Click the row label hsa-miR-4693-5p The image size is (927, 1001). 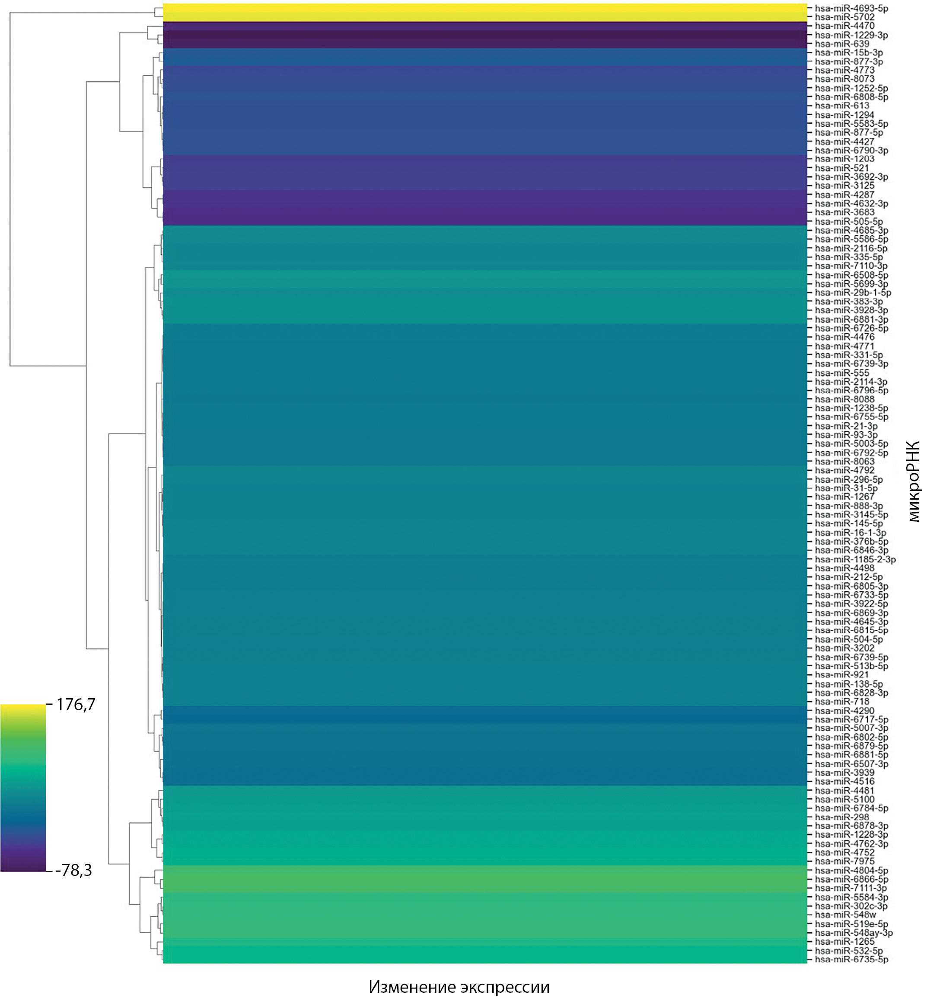(x=851, y=9)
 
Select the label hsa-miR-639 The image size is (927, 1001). (x=842, y=44)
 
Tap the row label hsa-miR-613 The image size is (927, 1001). (x=842, y=106)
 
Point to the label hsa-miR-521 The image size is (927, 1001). (x=842, y=168)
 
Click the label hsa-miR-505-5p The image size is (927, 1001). (x=849, y=221)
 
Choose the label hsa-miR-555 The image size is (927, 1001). (x=842, y=373)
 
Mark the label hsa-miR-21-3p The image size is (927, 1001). (x=846, y=426)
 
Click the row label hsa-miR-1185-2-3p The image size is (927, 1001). (x=855, y=559)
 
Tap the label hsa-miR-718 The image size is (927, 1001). (x=842, y=702)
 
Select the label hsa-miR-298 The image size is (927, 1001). (x=842, y=817)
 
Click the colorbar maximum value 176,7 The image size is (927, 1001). (x=75, y=705)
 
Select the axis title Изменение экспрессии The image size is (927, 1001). (x=459, y=987)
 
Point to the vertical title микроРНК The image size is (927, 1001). (x=914, y=482)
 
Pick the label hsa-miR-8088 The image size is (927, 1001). (x=844, y=400)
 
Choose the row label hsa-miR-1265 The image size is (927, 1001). (x=844, y=942)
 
